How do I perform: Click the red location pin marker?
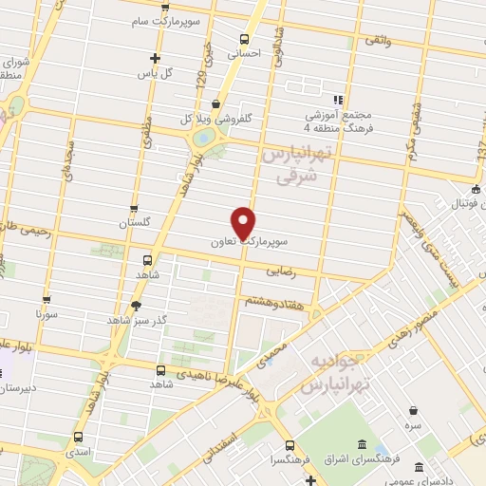pos(245,222)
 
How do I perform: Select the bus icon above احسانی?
pos(245,40)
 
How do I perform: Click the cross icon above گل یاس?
pos(155,58)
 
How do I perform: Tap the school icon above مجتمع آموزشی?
pos(337,100)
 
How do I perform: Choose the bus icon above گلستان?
pos(133,208)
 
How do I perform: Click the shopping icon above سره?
pos(414,411)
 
